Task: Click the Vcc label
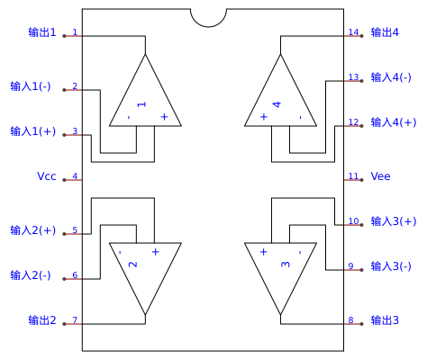click(47, 176)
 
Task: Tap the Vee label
click(380, 176)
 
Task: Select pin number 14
click(353, 31)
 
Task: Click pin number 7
click(75, 320)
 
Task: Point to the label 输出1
click(42, 32)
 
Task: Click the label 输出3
click(385, 320)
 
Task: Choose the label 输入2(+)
click(33, 230)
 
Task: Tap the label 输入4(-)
click(391, 77)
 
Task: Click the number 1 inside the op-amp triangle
click(141, 104)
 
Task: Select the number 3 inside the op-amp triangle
click(286, 265)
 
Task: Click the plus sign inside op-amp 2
click(156, 252)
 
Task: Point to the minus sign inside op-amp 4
click(300, 117)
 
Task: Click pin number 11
click(353, 175)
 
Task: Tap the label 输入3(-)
click(391, 266)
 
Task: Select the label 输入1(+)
click(33, 131)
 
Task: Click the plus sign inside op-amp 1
click(164, 117)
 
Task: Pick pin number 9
click(350, 265)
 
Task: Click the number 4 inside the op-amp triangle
click(277, 104)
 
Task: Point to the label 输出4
click(385, 32)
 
